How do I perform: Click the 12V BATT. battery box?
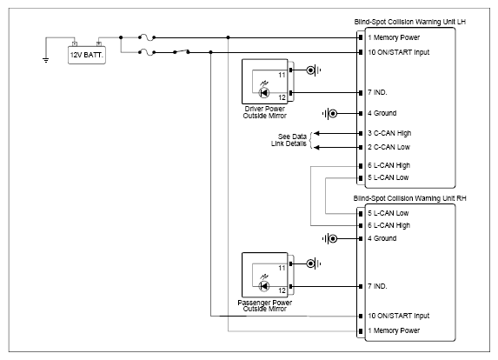point(87,55)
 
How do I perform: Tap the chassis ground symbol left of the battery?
point(46,60)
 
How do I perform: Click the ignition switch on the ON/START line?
point(182,51)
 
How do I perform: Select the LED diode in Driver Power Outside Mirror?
point(264,92)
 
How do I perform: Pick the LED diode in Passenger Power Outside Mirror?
point(264,286)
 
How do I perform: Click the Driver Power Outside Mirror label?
point(264,112)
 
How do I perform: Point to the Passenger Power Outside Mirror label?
point(264,306)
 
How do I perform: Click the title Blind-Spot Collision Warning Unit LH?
point(410,22)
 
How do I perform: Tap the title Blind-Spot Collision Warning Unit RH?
point(409,198)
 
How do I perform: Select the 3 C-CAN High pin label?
point(389,133)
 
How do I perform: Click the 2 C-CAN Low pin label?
point(388,147)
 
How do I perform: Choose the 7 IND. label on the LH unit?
point(377,92)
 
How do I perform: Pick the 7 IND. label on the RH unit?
point(377,286)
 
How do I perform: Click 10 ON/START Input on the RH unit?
point(399,316)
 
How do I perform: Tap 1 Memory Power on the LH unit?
point(394,37)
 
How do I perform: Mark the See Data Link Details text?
point(289,140)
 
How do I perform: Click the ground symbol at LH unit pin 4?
point(329,113)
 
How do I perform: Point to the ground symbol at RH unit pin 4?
point(329,238)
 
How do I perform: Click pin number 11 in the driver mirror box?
point(282,75)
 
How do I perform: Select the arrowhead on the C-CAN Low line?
point(316,148)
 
